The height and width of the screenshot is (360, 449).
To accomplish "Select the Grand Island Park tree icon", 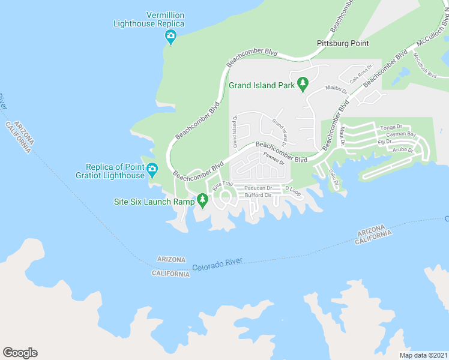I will click(303, 84).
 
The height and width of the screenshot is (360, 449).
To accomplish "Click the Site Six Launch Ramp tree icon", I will click(203, 200).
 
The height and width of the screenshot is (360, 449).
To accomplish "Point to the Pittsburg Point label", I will click(343, 44).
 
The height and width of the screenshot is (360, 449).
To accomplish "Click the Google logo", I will click(20, 352).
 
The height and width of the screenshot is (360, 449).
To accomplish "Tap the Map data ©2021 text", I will click(423, 355).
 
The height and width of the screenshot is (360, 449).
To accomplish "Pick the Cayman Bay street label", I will click(402, 135).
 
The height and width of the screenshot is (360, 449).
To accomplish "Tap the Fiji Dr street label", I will click(385, 142).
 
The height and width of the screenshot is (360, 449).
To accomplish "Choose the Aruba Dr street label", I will click(403, 150).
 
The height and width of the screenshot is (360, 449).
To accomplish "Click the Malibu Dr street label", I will click(336, 89).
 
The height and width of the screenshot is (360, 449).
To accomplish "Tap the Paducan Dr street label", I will click(258, 188).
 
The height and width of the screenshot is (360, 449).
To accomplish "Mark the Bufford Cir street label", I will click(259, 196).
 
